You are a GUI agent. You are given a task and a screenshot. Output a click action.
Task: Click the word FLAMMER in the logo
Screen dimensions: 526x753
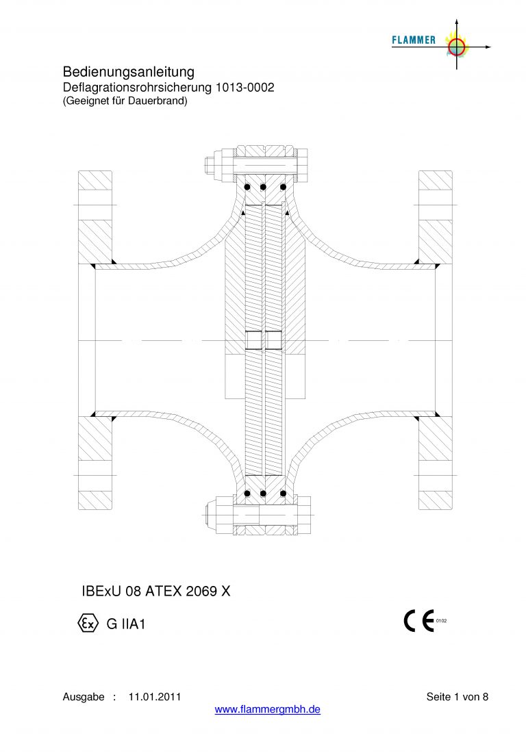coord(414,40)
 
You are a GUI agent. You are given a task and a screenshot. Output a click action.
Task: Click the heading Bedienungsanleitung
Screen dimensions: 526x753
coord(129,72)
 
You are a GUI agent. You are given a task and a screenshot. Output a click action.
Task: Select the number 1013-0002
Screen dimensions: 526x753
coord(245,88)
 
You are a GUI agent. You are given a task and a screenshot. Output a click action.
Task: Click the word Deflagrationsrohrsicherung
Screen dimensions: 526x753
coord(138,88)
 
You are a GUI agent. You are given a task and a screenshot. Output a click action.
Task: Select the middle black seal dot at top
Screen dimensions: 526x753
coord(263,187)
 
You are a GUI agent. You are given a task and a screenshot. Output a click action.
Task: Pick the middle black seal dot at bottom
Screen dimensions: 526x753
coord(263,493)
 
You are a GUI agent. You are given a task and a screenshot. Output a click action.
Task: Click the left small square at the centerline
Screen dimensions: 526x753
coord(253,340)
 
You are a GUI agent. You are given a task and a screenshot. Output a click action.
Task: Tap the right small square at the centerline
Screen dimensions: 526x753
coord(274,340)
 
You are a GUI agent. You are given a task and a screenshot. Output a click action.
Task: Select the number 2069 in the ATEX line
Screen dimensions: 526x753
coord(201,591)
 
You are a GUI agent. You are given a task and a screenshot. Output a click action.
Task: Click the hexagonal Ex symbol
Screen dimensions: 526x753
coord(88,624)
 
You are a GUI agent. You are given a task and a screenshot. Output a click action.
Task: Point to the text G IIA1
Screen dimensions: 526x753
coord(126,624)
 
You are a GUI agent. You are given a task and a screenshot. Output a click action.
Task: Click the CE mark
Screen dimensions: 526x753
coord(419,620)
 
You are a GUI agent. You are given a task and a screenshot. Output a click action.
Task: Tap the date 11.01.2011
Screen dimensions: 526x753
coord(155,697)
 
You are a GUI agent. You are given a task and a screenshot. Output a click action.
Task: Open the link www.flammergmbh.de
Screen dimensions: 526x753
coord(268,709)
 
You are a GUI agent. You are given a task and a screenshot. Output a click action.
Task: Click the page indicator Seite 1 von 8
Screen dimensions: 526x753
coord(458,697)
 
